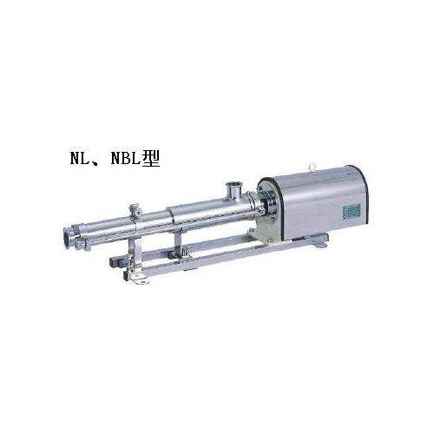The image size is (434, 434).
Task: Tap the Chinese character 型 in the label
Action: click(x=151, y=158)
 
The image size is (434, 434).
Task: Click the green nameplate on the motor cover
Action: click(x=352, y=212)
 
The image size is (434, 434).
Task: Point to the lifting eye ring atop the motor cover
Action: click(x=312, y=167)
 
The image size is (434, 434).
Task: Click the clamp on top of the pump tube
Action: click(x=135, y=211)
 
